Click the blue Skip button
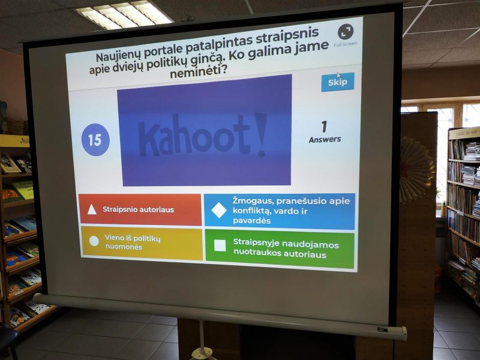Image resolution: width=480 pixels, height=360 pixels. click(338, 82)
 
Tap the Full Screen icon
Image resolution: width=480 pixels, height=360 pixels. click(346, 32)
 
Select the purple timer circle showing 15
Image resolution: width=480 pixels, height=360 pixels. click(95, 140)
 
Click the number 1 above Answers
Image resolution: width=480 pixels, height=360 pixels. click(324, 127)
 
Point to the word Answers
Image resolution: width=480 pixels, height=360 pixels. click(325, 140)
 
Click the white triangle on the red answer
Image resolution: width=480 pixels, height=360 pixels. click(92, 209)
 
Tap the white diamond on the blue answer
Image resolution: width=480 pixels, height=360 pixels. click(219, 211)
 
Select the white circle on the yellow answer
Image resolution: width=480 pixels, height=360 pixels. click(94, 241)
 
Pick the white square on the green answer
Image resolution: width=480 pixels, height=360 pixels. click(220, 245)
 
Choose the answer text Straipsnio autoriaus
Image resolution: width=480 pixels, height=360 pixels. click(139, 209)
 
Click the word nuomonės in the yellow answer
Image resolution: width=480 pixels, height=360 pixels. click(124, 247)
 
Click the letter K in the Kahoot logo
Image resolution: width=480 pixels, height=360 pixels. click(148, 139)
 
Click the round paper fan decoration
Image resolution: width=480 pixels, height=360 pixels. click(416, 170)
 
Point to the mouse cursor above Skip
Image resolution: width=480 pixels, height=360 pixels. click(338, 76)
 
